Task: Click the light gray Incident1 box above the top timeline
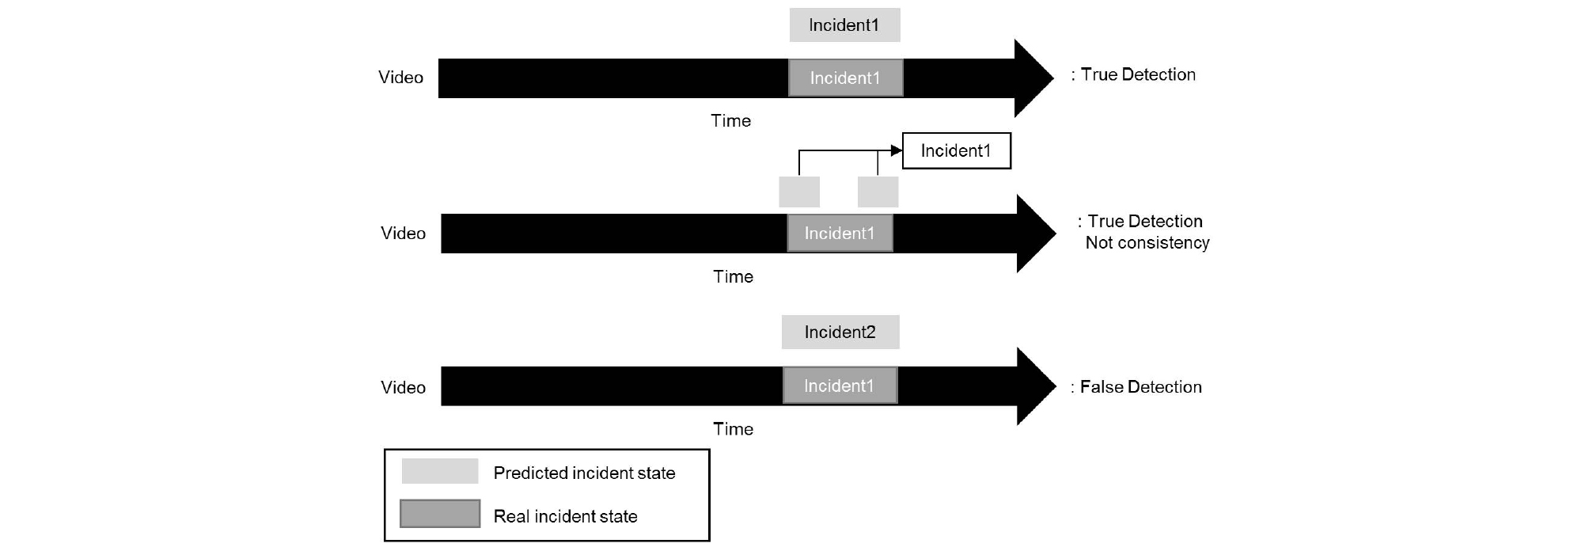pyautogui.click(x=844, y=25)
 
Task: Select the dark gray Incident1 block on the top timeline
pyautogui.click(x=845, y=78)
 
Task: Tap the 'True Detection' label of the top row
pyautogui.click(x=1138, y=74)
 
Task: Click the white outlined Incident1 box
pyautogui.click(x=956, y=150)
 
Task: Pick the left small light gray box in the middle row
pyautogui.click(x=799, y=192)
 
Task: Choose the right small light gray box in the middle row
pyautogui.click(x=878, y=192)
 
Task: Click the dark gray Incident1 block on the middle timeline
pyautogui.click(x=840, y=233)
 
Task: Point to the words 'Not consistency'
pyautogui.click(x=1147, y=243)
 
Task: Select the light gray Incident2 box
pyautogui.click(x=840, y=332)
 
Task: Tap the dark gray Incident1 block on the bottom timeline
pyautogui.click(x=840, y=386)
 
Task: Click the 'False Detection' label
pyautogui.click(x=1140, y=386)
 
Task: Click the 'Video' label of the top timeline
pyautogui.click(x=400, y=78)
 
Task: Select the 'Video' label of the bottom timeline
pyautogui.click(x=403, y=387)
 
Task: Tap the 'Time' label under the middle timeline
pyautogui.click(x=733, y=276)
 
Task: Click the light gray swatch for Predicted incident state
pyautogui.click(x=440, y=471)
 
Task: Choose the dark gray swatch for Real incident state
pyautogui.click(x=440, y=514)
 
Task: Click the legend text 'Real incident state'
pyautogui.click(x=565, y=516)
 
